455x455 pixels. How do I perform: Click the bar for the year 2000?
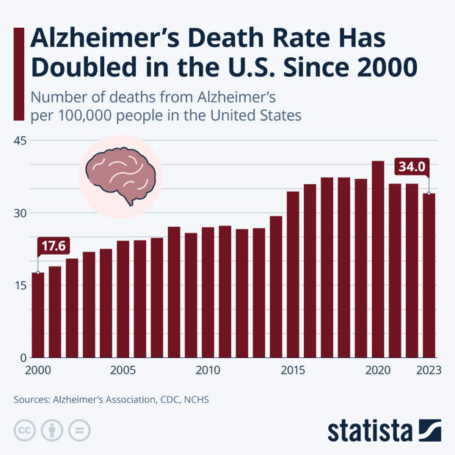tap(37, 315)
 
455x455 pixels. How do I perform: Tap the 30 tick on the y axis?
tap(20, 213)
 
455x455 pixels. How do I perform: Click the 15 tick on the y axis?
tap(20, 285)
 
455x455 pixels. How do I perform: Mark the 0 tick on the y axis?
tap(23, 357)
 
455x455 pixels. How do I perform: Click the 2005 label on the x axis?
tap(123, 370)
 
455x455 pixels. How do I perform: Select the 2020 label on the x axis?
tap(378, 370)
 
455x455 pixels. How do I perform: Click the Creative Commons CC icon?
tap(24, 429)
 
